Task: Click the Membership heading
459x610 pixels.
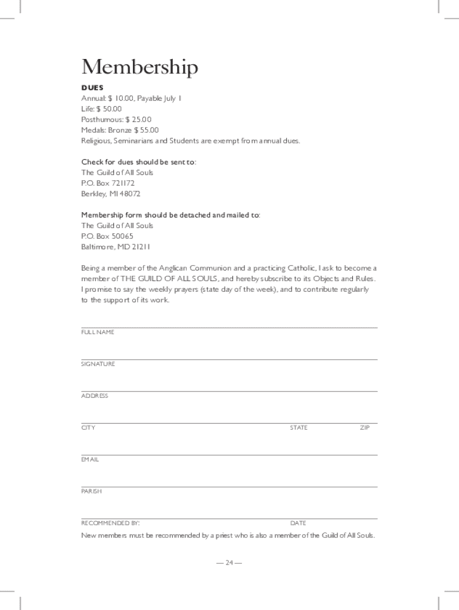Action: [x=139, y=68]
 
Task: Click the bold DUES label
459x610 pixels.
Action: [x=92, y=88]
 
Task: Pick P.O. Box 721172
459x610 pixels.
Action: [x=109, y=183]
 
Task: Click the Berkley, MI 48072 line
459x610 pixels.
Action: [x=111, y=194]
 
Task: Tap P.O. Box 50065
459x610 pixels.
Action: [x=107, y=236]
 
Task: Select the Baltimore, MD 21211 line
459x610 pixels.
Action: [x=116, y=247]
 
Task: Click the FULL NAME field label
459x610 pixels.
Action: [x=98, y=332]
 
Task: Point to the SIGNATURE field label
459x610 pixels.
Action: [x=98, y=364]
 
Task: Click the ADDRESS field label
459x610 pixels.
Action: [x=95, y=396]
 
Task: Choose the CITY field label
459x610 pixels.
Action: [x=88, y=428]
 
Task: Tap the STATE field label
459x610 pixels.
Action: [x=299, y=428]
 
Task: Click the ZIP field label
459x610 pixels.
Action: [x=365, y=428]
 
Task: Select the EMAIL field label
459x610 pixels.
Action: [x=90, y=460]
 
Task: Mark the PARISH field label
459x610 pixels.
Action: [x=92, y=491]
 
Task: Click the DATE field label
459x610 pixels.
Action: [x=298, y=523]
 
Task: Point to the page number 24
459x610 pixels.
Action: [x=229, y=562]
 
